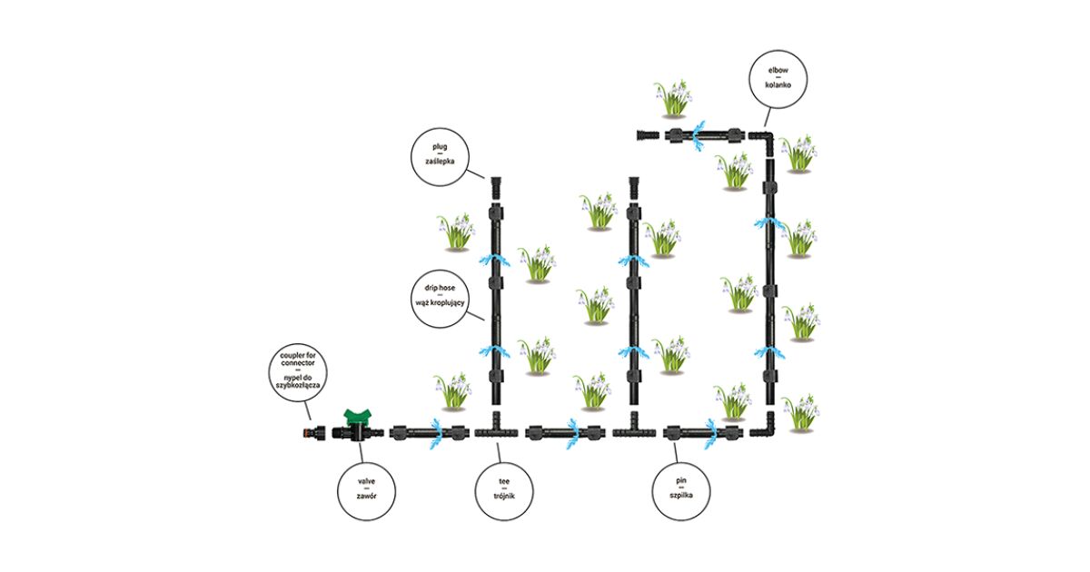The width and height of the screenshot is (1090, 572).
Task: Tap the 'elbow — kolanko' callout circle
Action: click(x=774, y=76)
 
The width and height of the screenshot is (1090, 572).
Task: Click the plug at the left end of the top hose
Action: click(x=646, y=137)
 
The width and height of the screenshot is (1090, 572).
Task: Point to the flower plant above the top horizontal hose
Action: click(x=673, y=98)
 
